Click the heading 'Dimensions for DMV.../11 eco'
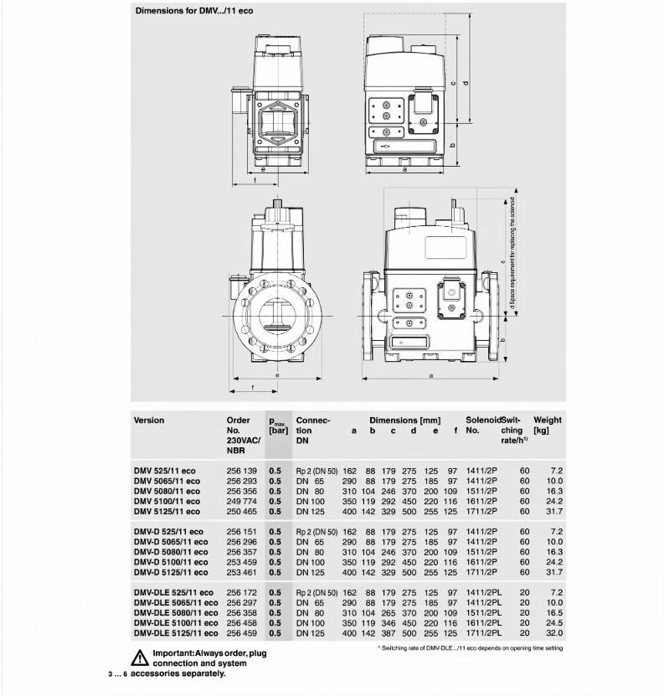tap(188, 11)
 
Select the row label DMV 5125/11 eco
tap(167, 511)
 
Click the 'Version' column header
tap(149, 420)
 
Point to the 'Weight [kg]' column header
tap(547, 425)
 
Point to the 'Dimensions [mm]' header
tap(404, 420)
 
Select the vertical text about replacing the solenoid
tap(512, 251)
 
